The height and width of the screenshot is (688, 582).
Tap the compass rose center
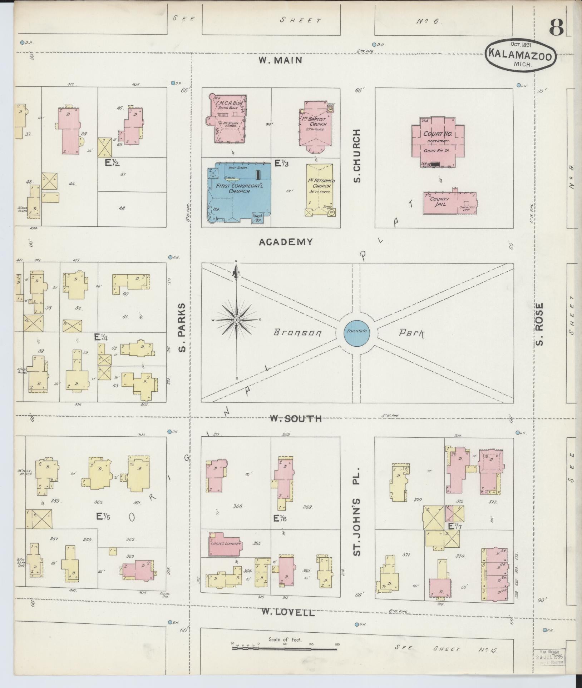[x=237, y=320]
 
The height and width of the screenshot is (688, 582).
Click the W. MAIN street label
[x=280, y=60]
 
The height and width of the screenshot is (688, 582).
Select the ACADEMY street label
[x=285, y=242]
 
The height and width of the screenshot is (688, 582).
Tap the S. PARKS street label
[x=182, y=327]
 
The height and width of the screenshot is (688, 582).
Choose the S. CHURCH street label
[x=356, y=156]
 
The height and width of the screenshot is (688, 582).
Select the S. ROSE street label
[x=539, y=324]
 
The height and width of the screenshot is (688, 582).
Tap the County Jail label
[x=439, y=202]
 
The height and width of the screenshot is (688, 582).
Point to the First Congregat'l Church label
[x=232, y=188]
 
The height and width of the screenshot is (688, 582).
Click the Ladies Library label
[x=225, y=553]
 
